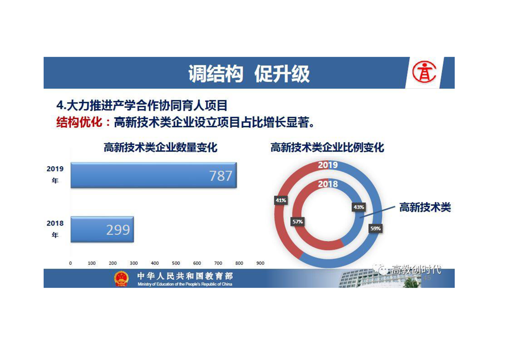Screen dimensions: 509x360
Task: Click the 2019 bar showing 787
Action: tap(153, 175)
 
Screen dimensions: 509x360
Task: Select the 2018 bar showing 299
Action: tap(102, 229)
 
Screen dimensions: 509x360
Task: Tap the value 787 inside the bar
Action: tap(221, 176)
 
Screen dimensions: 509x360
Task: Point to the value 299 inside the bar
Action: tap(118, 230)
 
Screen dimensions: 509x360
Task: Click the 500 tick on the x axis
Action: tap(176, 263)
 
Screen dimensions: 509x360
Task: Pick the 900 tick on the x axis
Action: tap(260, 263)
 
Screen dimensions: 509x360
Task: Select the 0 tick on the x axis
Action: tap(70, 263)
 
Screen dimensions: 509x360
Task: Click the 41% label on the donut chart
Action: tap(281, 200)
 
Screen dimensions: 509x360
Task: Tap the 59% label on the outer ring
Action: tap(375, 228)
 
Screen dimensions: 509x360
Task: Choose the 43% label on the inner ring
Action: tap(359, 207)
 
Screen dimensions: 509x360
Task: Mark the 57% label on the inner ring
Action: tap(298, 222)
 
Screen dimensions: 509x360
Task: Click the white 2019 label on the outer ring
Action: tap(328, 165)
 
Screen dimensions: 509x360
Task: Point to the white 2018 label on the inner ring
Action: tap(328, 184)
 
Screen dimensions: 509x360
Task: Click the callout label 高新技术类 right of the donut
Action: tap(425, 207)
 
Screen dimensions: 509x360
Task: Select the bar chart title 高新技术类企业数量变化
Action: tap(160, 148)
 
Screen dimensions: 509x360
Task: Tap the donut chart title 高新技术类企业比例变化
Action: tap(327, 148)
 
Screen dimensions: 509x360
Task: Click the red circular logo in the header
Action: tap(424, 73)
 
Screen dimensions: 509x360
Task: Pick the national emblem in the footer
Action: tap(122, 278)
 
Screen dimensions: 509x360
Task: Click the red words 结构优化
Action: tap(79, 123)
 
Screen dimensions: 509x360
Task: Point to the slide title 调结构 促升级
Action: tap(249, 74)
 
